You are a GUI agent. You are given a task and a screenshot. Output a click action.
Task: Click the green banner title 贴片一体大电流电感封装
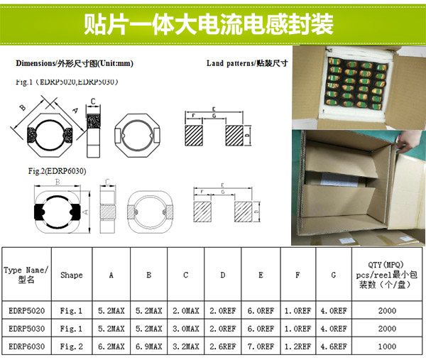[x=213, y=24]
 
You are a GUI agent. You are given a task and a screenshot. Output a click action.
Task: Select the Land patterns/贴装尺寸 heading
[x=247, y=63]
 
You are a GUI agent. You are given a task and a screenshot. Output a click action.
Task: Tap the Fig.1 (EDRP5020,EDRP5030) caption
[x=67, y=82]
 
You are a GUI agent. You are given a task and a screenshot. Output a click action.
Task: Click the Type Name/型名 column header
[x=26, y=275]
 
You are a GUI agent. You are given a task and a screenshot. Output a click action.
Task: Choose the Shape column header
[x=72, y=275]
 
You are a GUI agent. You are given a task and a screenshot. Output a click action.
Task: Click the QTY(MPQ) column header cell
[x=388, y=275]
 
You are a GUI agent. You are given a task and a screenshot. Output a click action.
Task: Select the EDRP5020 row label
[x=26, y=310]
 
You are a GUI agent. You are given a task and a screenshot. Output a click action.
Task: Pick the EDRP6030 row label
[x=26, y=346]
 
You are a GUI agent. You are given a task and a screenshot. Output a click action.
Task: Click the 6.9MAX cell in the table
[x=149, y=346]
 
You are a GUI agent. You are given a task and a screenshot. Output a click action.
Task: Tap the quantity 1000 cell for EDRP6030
[x=388, y=346]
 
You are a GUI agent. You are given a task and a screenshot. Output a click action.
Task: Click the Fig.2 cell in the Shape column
[x=72, y=346]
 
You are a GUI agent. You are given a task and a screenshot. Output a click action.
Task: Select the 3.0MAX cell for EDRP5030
[x=186, y=329]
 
